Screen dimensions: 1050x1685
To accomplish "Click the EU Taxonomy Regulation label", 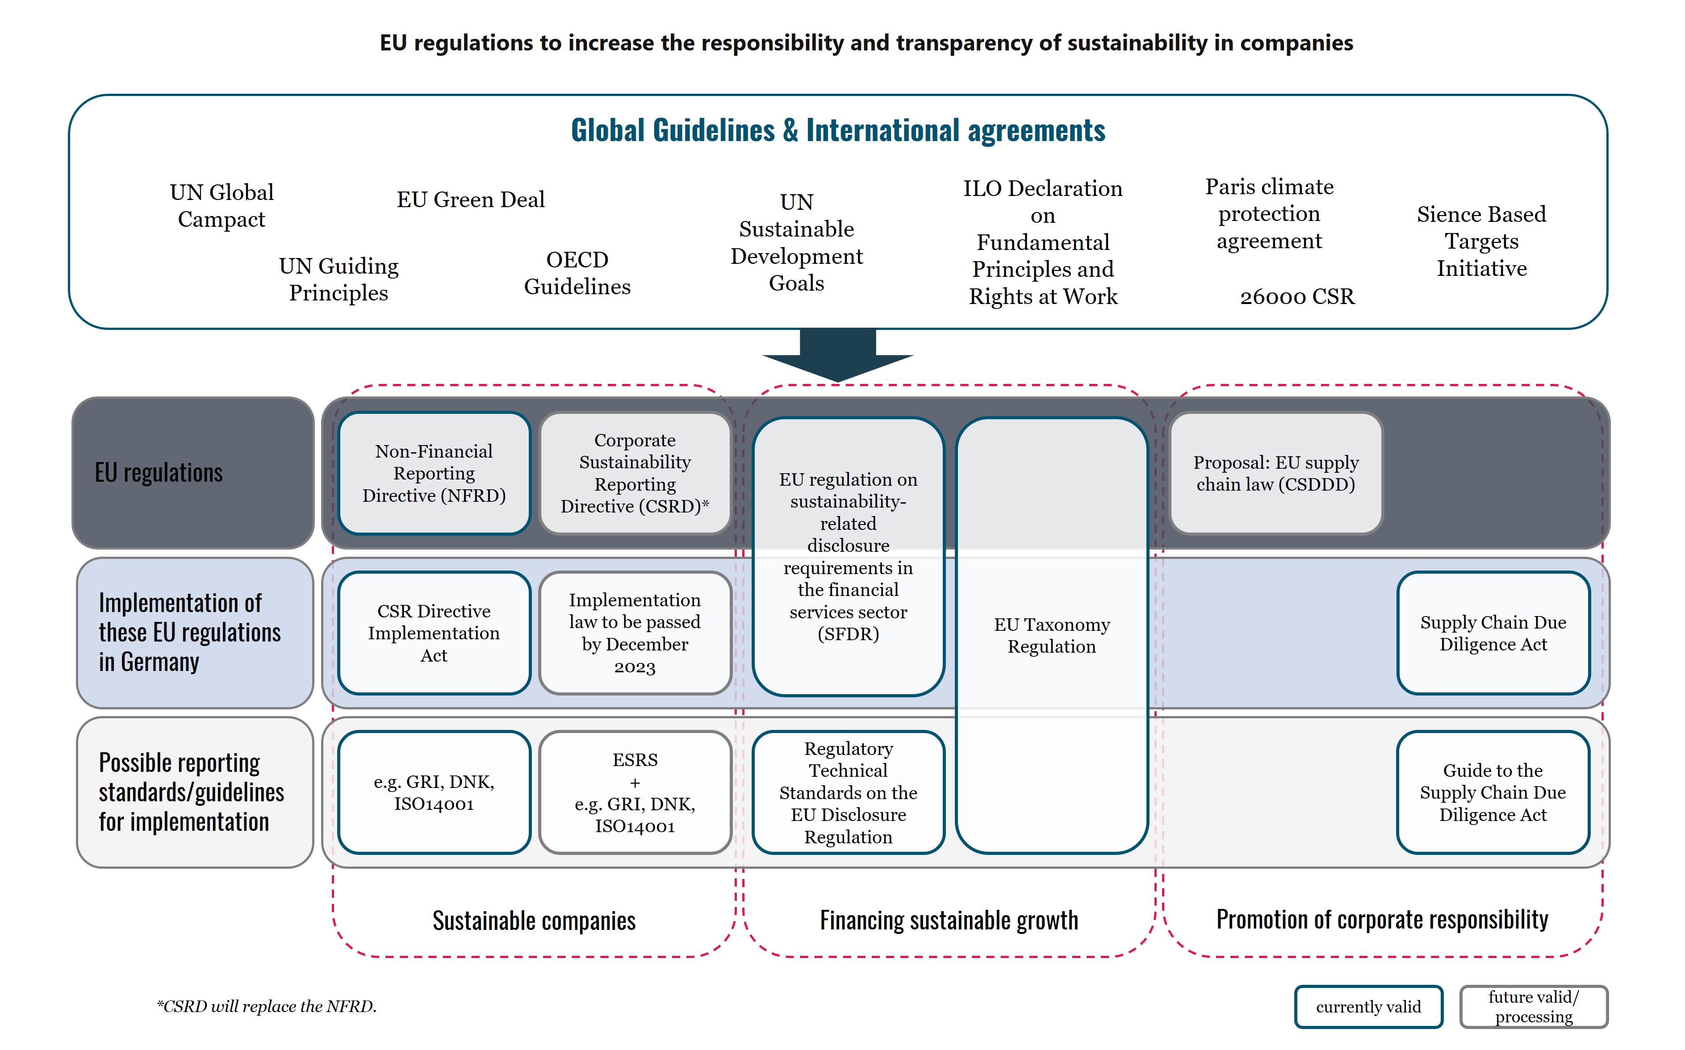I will (1052, 635).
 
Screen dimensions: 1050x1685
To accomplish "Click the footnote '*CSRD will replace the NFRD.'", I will (267, 1006).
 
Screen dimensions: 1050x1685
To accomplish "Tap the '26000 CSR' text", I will (1297, 296).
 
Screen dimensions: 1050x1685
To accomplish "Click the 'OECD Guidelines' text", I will (577, 273).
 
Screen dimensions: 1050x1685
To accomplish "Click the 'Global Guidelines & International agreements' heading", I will (838, 130).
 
